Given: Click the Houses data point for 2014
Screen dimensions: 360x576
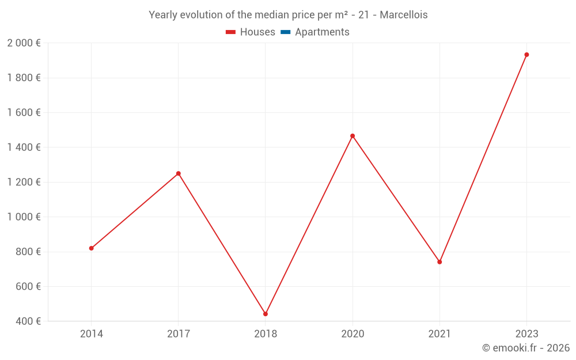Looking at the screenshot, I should [x=91, y=248].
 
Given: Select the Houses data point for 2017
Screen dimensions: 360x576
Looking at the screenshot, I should [x=179, y=173].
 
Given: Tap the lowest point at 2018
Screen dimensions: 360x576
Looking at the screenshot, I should [x=266, y=314].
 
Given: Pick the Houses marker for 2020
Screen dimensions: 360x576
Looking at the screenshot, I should [x=353, y=136].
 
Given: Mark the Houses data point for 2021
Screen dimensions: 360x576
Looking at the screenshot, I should [x=439, y=262].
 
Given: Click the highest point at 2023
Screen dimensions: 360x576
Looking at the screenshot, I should [x=526, y=55].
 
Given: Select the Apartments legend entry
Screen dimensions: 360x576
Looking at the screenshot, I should [x=322, y=32].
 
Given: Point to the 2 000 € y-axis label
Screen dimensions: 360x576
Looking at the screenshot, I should [x=24, y=43].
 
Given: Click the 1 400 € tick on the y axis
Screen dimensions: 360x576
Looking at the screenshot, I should [x=24, y=147].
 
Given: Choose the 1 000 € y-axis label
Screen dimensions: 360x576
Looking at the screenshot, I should [x=24, y=217].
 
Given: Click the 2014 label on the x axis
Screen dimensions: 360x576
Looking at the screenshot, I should [x=92, y=334].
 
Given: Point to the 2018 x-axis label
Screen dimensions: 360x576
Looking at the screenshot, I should [x=266, y=334].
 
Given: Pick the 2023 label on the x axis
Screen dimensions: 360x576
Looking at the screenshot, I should [x=526, y=334].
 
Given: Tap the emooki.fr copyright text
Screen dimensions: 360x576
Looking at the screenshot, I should [x=526, y=348].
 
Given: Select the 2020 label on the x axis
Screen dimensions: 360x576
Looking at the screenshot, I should [x=353, y=334].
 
